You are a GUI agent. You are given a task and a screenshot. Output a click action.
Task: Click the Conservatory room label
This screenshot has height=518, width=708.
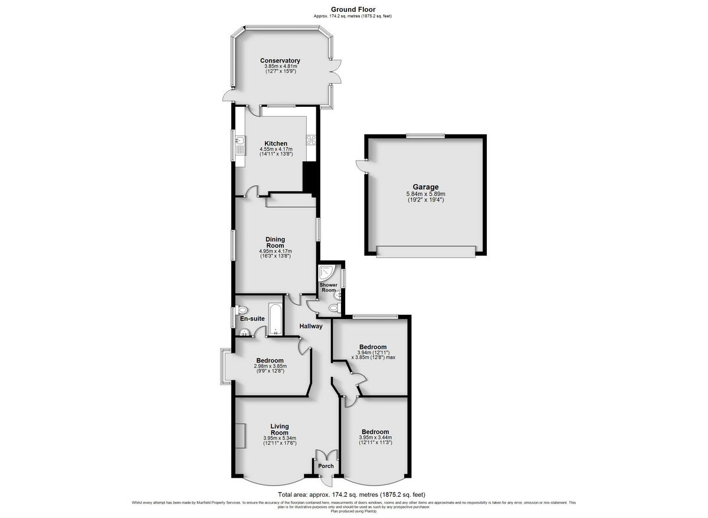280,60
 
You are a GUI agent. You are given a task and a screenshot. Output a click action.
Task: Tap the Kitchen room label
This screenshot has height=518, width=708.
276,144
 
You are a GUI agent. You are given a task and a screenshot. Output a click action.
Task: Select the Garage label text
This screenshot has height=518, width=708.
425,187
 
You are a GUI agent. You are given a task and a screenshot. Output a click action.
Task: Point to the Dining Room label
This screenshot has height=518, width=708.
275,242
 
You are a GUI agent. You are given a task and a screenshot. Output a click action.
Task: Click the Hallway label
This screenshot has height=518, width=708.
310,326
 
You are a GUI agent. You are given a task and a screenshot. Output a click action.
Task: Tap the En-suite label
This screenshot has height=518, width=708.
252,319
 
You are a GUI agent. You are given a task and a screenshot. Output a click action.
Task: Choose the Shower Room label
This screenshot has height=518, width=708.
329,288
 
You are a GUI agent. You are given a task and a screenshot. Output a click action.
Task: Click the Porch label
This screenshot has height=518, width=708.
326,466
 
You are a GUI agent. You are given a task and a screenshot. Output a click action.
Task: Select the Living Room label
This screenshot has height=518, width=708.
280,429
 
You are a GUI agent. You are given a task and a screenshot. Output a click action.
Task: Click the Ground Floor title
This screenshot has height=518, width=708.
353,9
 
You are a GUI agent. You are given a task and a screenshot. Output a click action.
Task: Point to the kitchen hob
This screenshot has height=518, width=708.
311,140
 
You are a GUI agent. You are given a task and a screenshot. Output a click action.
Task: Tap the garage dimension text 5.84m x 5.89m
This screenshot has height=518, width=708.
425,194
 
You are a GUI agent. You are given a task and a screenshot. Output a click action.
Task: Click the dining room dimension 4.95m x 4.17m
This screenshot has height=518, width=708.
275,251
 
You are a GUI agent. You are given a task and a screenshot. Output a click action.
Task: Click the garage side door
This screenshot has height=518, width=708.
360,165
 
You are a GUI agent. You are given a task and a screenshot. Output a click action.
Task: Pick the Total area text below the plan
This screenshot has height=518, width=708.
352,494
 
